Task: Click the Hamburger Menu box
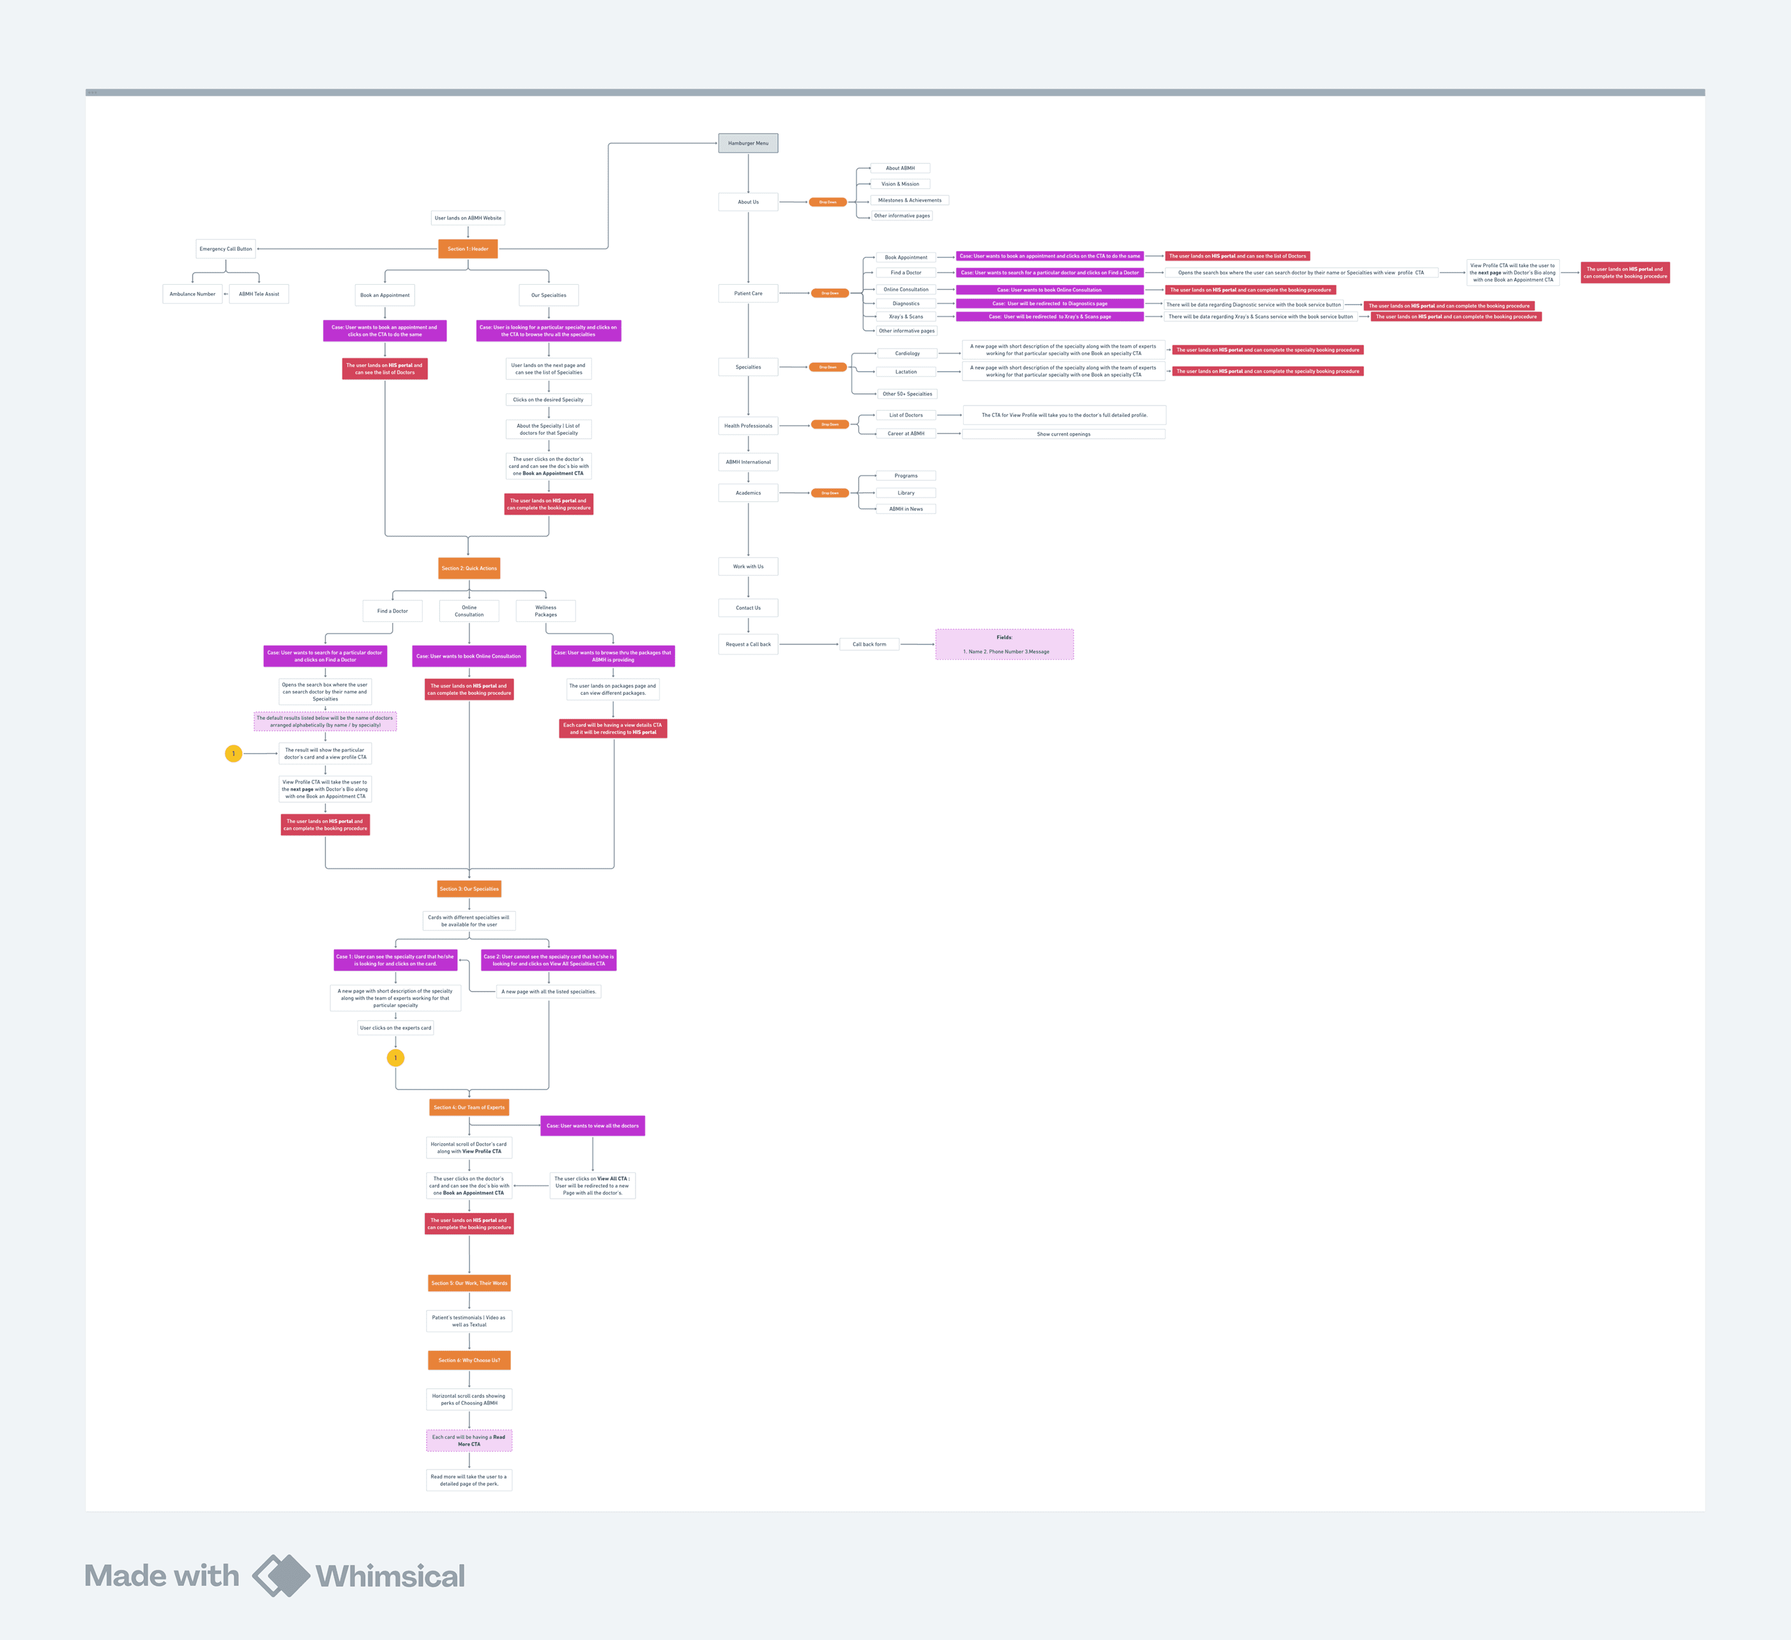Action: tap(748, 143)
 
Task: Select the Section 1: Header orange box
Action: tap(468, 249)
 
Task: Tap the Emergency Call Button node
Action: tap(225, 249)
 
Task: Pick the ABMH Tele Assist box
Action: tap(259, 294)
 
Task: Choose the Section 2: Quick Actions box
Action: tap(469, 568)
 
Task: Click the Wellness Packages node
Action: tap(545, 611)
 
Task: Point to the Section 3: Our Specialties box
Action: tap(469, 888)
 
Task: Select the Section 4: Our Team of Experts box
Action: tap(469, 1107)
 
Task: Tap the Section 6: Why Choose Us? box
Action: tap(469, 1360)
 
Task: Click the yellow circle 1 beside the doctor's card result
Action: tap(234, 754)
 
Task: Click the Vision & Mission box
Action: tap(900, 184)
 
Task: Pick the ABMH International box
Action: tap(748, 462)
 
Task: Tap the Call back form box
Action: tap(869, 644)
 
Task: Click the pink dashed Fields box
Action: tap(1004, 644)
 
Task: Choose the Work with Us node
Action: tap(748, 566)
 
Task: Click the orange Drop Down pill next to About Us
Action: tap(827, 202)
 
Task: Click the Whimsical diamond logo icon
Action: tap(282, 1575)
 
